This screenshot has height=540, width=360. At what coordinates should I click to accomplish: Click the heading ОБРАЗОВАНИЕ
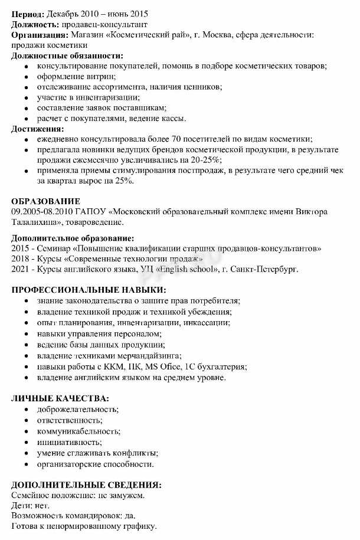click(45, 201)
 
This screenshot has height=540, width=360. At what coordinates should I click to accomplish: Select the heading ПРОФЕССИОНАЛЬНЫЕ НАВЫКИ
click(89, 289)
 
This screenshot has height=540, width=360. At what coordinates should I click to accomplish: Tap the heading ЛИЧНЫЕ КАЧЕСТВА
click(60, 398)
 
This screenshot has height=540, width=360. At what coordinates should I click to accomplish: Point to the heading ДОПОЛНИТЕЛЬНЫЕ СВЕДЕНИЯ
click(86, 485)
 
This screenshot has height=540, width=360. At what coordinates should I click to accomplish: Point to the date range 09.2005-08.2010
click(42, 212)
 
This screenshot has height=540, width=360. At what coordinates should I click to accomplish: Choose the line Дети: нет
click(31, 506)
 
